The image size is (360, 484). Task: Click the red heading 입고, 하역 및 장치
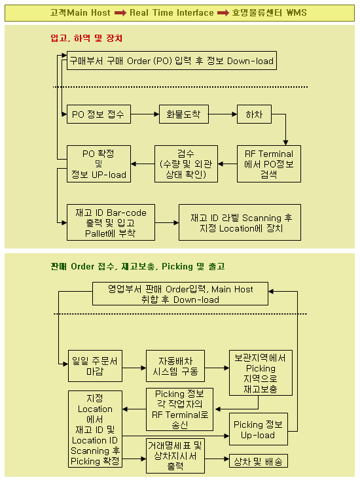point(86,39)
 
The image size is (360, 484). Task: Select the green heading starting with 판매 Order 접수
point(137,266)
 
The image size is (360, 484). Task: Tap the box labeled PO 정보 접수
point(99,114)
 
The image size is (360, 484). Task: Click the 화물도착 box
point(183,114)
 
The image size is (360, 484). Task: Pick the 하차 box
point(254,114)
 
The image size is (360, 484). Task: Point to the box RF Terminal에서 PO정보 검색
point(269,164)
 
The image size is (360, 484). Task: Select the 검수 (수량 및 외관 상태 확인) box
point(186,164)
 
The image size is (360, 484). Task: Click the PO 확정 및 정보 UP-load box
point(99,164)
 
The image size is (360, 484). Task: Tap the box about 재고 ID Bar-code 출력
point(111,222)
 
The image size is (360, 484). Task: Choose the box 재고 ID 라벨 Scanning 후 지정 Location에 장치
point(240,222)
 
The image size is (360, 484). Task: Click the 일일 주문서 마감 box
point(95,366)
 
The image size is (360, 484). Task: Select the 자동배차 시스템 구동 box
point(175,366)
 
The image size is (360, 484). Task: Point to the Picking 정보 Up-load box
point(259,429)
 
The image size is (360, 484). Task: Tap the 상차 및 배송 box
point(259,461)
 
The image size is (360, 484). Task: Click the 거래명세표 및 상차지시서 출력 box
point(175,456)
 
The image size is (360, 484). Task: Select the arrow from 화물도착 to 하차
point(223,114)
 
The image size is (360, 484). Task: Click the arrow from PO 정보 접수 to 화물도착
point(145,114)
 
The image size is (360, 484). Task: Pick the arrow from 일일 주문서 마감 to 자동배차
point(134,368)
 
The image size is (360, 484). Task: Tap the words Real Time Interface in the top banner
point(171,12)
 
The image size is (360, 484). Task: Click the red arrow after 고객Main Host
point(120,12)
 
